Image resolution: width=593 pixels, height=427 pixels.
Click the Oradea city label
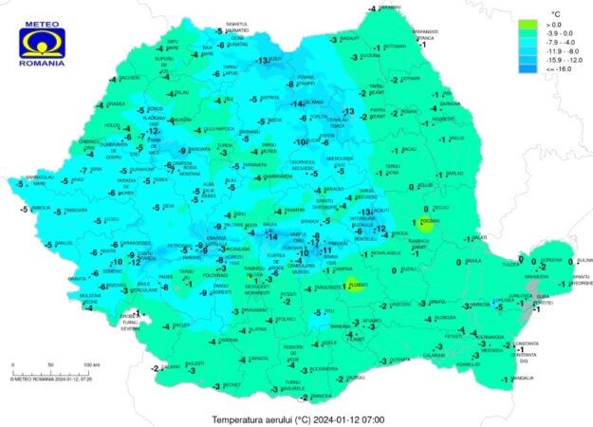(116, 104)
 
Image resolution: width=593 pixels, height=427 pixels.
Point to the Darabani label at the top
(389, 7)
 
